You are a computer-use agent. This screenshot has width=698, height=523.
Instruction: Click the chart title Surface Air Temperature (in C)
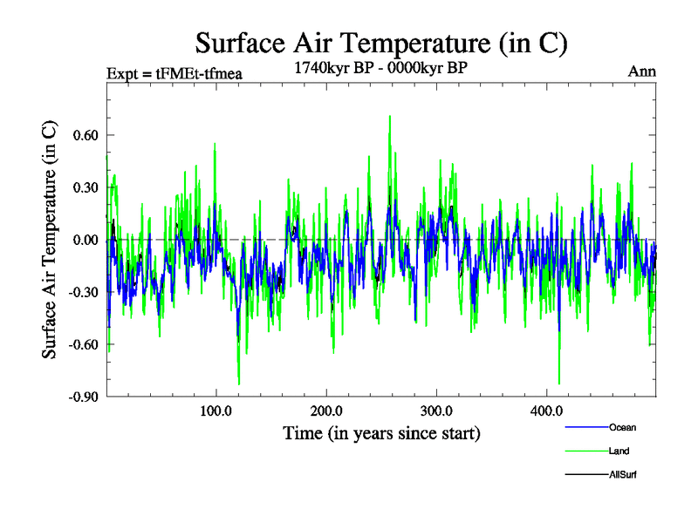pyautogui.click(x=381, y=43)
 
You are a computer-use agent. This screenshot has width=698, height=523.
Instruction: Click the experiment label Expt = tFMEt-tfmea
pyautogui.click(x=173, y=72)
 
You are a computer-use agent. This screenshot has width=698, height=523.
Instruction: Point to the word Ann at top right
pyautogui.click(x=641, y=71)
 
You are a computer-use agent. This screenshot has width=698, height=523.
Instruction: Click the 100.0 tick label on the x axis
pyautogui.click(x=216, y=411)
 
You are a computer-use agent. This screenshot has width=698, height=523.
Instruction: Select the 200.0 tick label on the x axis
pyautogui.click(x=325, y=411)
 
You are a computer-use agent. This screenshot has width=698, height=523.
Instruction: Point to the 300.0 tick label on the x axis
pyautogui.click(x=435, y=411)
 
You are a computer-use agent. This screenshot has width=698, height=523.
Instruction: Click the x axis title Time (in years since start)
pyautogui.click(x=381, y=433)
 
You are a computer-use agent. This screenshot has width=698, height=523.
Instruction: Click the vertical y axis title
pyautogui.click(x=51, y=241)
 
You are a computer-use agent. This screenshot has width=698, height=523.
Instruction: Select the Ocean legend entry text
pyautogui.click(x=623, y=427)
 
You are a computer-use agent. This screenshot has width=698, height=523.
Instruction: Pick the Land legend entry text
pyautogui.click(x=619, y=451)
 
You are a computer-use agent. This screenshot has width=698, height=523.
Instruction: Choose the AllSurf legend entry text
pyautogui.click(x=626, y=474)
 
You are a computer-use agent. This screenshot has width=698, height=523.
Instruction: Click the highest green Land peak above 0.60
pyautogui.click(x=389, y=116)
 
